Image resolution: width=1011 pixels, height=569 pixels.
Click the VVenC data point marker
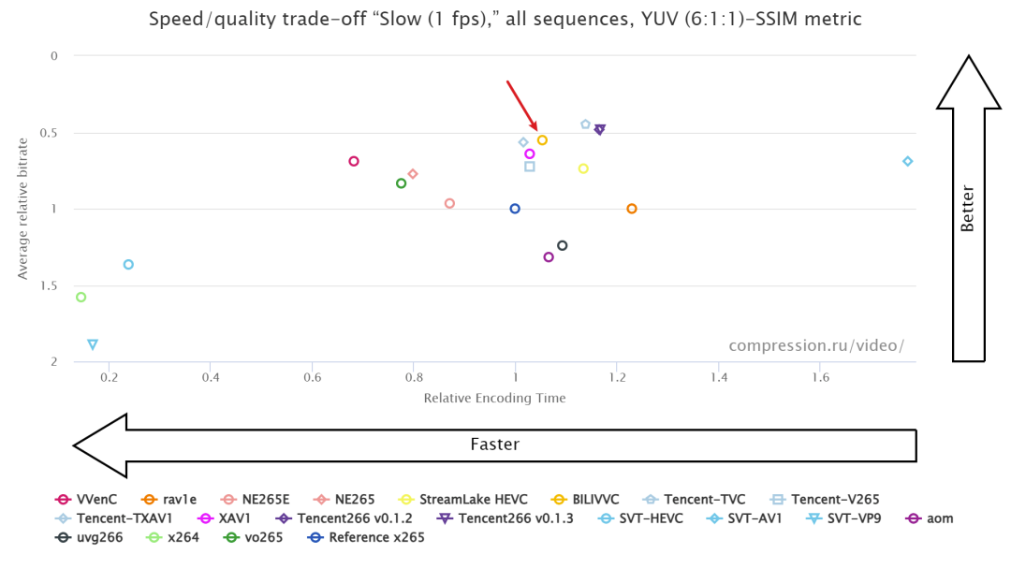[354, 161]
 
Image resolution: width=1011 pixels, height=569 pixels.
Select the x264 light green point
[81, 297]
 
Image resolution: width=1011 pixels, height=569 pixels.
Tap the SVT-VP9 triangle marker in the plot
[93, 344]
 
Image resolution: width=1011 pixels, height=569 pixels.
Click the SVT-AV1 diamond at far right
[907, 161]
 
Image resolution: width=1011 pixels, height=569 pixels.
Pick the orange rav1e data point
[632, 209]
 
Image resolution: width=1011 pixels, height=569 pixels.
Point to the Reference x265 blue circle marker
[515, 209]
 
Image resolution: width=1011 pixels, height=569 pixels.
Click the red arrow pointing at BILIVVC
[522, 106]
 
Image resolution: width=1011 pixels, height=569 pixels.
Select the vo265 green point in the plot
[402, 183]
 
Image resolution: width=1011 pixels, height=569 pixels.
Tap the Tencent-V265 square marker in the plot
[530, 167]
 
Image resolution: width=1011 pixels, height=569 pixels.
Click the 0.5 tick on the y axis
[51, 132]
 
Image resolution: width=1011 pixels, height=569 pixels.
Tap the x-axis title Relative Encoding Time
[494, 398]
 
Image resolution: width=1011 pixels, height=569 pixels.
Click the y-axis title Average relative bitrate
[22, 209]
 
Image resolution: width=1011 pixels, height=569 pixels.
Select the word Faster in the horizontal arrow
[494, 445]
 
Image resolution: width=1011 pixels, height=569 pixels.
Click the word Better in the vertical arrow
[968, 209]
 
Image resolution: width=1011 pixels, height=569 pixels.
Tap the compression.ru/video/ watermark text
[816, 345]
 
